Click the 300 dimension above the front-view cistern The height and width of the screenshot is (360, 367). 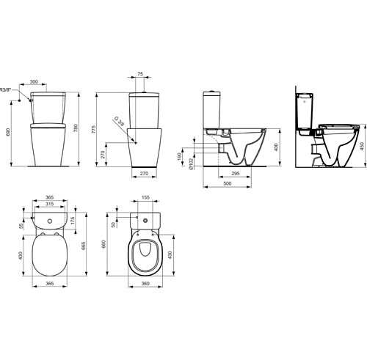34,81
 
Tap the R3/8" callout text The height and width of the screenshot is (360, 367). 5,89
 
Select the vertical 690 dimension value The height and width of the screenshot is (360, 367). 8,132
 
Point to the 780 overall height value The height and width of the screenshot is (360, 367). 76,128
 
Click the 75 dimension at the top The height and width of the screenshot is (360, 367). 140,74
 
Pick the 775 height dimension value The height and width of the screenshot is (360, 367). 94,129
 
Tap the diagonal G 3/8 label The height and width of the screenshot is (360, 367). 119,122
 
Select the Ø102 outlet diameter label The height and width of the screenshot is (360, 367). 191,164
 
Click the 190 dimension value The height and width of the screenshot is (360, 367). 180,157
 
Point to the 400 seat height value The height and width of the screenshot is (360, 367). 276,147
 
